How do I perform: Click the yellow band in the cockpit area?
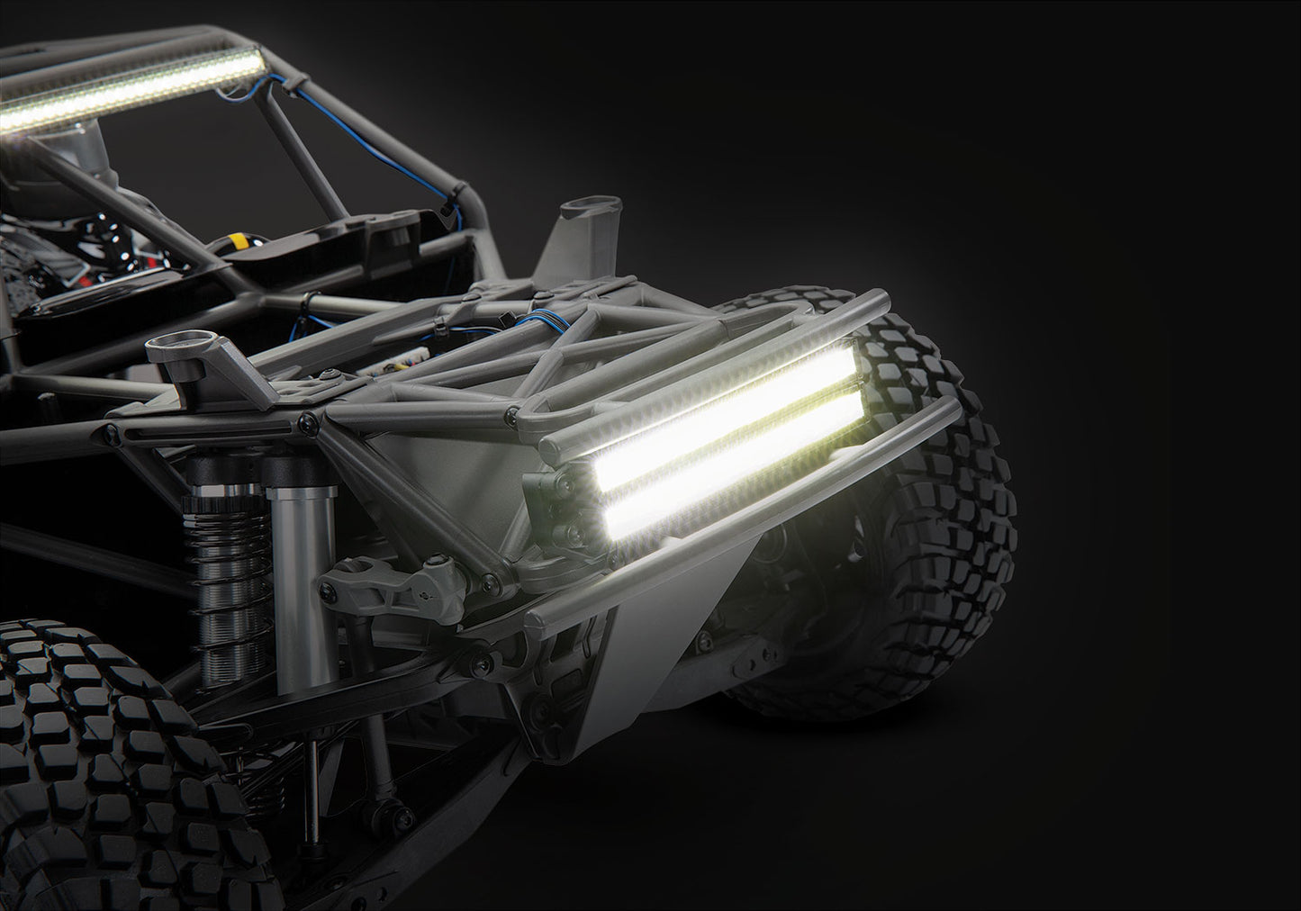(239, 241)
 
